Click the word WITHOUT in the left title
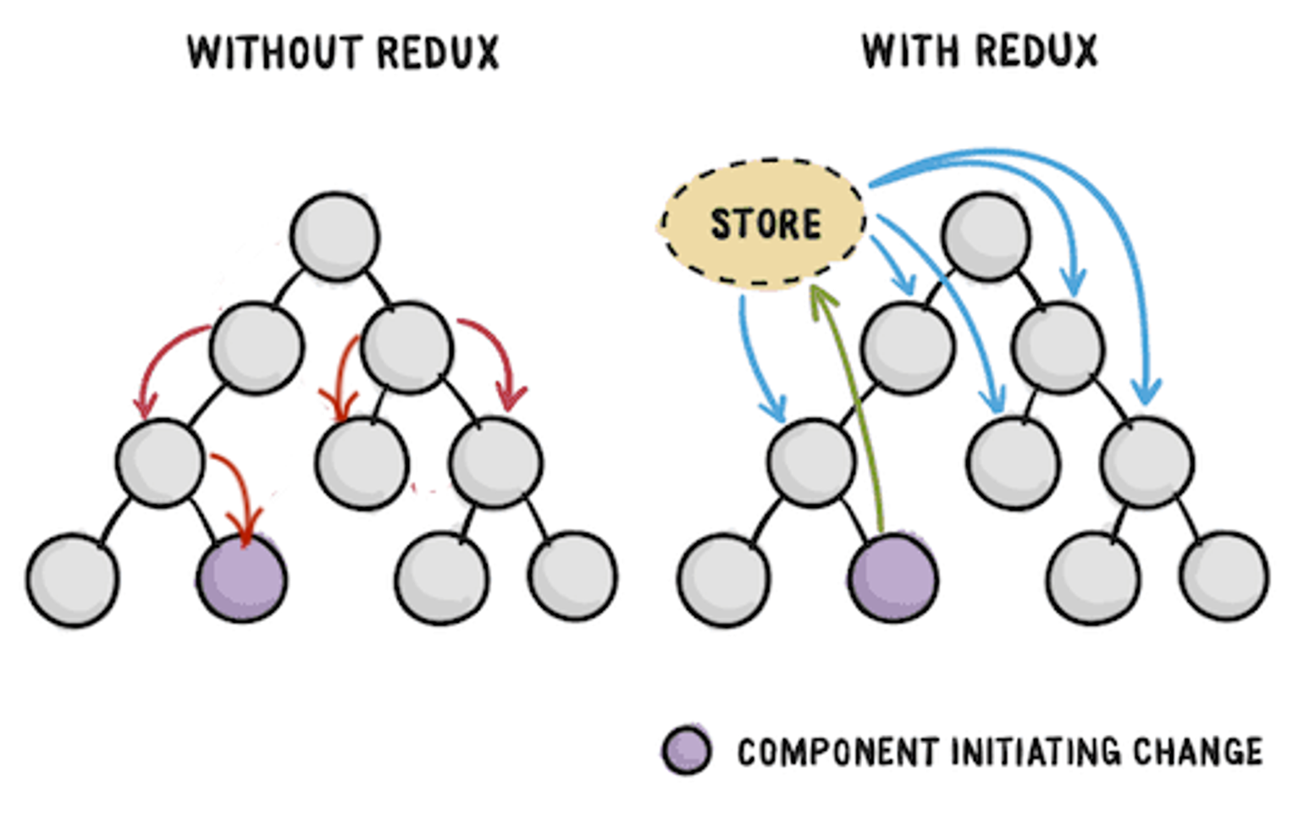point(274,53)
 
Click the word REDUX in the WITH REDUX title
point(1036,51)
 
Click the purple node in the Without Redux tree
point(242,578)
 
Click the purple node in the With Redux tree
point(893,578)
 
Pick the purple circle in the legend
point(687,750)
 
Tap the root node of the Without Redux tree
point(334,237)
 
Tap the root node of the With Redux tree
point(986,237)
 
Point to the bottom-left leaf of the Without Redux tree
point(73,580)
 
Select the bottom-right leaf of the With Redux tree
point(1224,576)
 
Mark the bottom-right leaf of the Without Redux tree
point(572,576)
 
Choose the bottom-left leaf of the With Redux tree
point(724,580)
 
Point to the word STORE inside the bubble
point(766,224)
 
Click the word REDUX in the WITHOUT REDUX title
point(438,53)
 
